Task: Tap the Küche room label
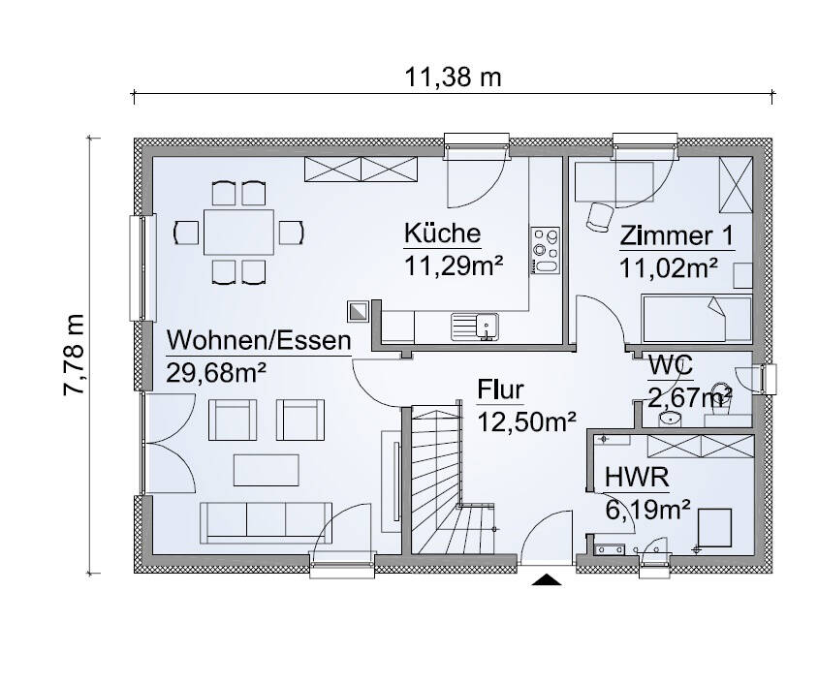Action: [442, 234]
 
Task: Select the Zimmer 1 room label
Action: [676, 235]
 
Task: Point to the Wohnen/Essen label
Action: [258, 341]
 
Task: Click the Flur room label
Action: [500, 389]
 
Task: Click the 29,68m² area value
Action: [217, 373]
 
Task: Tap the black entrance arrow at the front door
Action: [547, 580]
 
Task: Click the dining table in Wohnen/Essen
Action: [238, 233]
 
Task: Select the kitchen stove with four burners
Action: [545, 251]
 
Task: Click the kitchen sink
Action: [474, 325]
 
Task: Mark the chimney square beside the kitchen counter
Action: [360, 311]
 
